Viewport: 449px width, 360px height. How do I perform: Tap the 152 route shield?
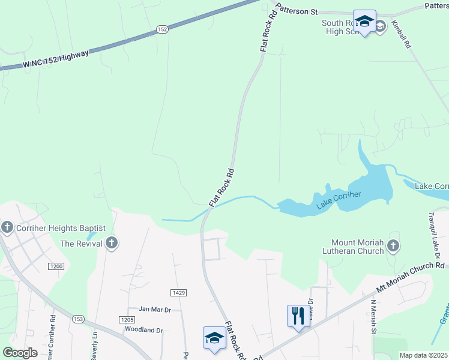[162, 29]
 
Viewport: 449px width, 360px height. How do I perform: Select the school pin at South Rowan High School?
[364, 22]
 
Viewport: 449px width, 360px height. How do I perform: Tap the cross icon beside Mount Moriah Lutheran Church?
[393, 245]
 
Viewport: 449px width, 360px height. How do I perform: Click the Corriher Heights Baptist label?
[61, 228]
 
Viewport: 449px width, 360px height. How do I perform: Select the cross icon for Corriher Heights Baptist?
[7, 227]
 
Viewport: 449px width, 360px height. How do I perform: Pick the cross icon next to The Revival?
[111, 243]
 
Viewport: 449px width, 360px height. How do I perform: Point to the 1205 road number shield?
[126, 320]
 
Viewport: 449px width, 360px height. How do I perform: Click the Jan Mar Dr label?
[155, 309]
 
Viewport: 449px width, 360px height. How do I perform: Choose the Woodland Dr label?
[144, 330]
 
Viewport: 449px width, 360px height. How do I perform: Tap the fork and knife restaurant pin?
[298, 314]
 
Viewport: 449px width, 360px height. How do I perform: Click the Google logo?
[20, 353]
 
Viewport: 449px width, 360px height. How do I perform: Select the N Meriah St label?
[373, 317]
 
